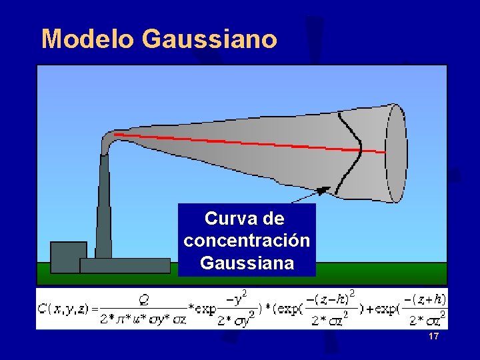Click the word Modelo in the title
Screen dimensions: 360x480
click(87, 39)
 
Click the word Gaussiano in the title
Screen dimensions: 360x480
click(209, 39)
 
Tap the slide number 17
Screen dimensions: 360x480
click(434, 337)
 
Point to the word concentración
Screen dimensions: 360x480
click(247, 241)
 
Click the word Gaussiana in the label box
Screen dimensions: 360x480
click(247, 263)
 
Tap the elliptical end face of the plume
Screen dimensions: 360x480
click(396, 152)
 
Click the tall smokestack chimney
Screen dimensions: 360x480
click(103, 207)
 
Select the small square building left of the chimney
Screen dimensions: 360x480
click(68, 257)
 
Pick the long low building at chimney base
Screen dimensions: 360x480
click(125, 265)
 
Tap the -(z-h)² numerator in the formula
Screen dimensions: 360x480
click(330, 297)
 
